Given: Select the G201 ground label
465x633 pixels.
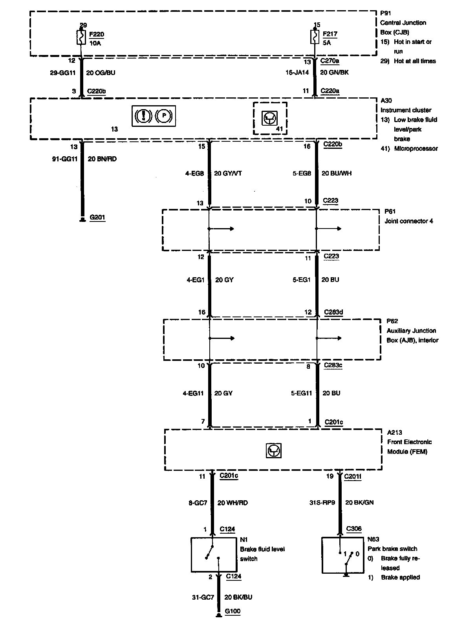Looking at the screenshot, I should (x=97, y=218).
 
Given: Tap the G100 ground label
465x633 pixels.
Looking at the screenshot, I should (x=233, y=611).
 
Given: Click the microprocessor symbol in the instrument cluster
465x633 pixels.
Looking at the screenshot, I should (x=270, y=117).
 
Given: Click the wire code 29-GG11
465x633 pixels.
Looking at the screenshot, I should (x=63, y=73).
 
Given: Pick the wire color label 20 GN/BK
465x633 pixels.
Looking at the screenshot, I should (x=334, y=72).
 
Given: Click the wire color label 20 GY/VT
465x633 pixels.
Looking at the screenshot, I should (x=228, y=173).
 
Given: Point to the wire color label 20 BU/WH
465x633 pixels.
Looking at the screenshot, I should (x=337, y=173).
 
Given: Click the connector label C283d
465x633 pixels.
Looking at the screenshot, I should (x=333, y=312).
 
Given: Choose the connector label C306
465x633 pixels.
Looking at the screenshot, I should (x=354, y=529).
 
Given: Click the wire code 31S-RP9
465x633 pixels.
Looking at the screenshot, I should (x=322, y=502).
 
